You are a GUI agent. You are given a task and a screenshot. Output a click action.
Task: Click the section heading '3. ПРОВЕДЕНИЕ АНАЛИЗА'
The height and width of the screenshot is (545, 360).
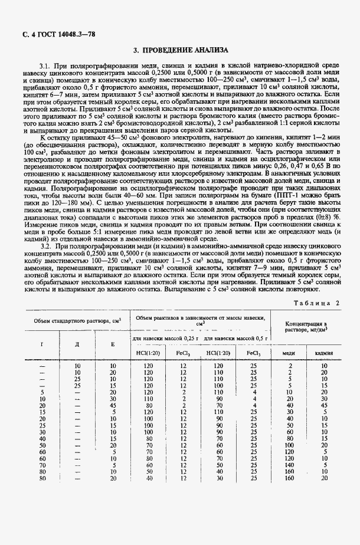(x=180, y=51)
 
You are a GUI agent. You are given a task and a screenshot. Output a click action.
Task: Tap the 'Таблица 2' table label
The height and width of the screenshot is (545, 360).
(x=319, y=303)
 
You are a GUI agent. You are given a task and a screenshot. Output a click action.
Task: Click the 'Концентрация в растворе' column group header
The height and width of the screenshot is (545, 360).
(x=306, y=327)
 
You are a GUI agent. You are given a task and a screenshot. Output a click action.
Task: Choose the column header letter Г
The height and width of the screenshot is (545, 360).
(x=41, y=343)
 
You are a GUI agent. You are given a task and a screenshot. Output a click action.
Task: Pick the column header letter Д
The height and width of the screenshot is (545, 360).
(x=77, y=343)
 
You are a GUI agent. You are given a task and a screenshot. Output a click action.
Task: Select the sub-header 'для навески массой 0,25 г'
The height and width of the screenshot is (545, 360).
(x=165, y=339)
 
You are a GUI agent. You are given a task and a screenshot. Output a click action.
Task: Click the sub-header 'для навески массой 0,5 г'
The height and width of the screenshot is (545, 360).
(x=235, y=339)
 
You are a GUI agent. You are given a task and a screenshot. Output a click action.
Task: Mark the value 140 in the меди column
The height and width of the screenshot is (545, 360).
(x=289, y=465)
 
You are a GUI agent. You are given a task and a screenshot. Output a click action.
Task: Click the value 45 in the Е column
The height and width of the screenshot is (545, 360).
(x=113, y=405)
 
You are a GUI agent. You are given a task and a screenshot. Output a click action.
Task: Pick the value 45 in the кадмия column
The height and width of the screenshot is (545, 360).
(x=324, y=405)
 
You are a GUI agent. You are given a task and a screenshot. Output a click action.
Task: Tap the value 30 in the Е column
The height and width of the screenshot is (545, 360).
(x=113, y=399)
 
